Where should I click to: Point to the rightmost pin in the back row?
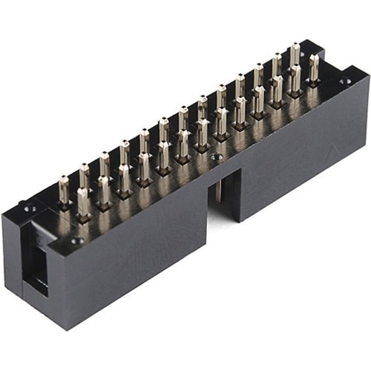[x=295, y=54]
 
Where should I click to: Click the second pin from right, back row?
[x=276, y=65]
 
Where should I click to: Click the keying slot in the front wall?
[x=227, y=194]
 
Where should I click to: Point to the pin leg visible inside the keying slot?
[x=220, y=189]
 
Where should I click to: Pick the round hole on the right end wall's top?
[x=343, y=81]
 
